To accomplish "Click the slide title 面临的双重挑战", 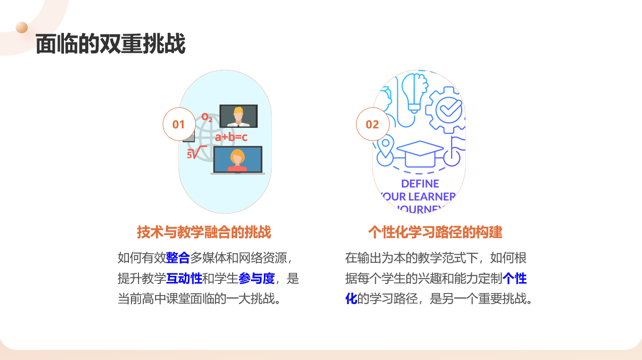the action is tap(111, 44).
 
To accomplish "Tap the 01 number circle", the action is tap(179, 124).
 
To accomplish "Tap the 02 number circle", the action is tap(373, 124).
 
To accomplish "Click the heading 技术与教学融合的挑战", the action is tap(204, 232).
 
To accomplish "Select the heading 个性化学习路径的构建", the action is tap(436, 232).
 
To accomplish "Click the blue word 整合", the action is tap(178, 258).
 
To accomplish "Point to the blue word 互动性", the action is tap(184, 278).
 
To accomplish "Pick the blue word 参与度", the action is tap(256, 278).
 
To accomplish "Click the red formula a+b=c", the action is tap(231, 137).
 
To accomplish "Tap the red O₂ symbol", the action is tap(206, 117).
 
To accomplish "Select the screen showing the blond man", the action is tap(239, 116).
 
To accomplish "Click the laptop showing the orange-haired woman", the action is tap(238, 160).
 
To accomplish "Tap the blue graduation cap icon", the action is tap(420, 154).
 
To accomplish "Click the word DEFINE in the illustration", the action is tap(420, 183).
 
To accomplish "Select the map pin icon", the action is tap(386, 147).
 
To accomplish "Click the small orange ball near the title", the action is tap(22, 28).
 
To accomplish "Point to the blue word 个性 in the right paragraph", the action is tap(515, 278).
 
